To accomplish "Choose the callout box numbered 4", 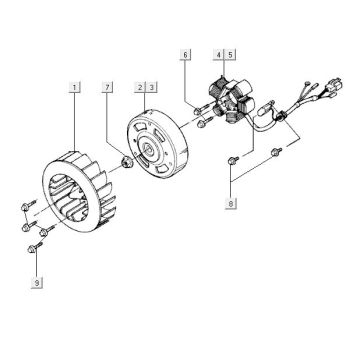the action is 219,53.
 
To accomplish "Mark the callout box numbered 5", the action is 230,53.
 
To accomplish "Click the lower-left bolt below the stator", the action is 232,158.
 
